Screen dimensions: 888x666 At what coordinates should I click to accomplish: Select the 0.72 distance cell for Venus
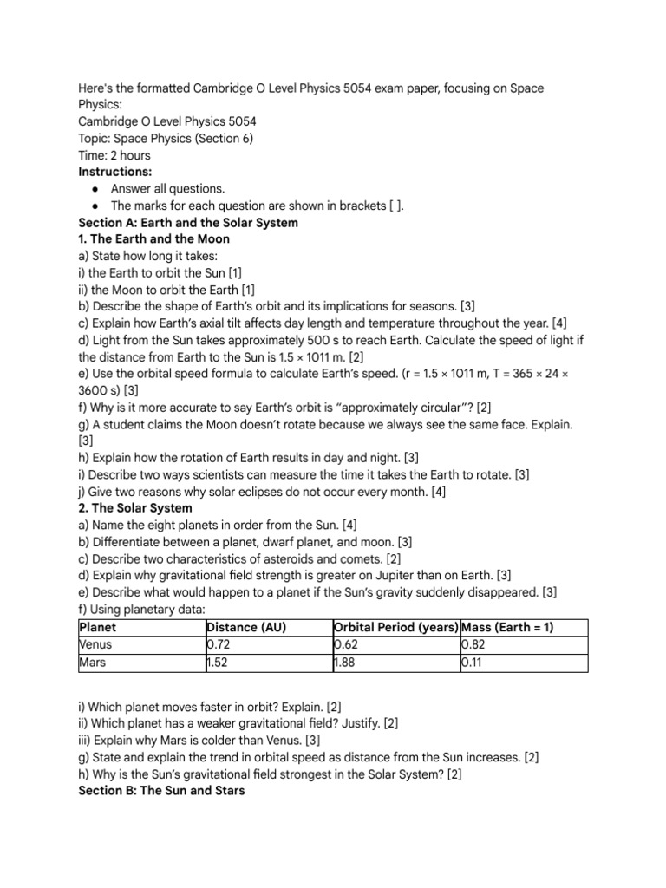(x=219, y=644)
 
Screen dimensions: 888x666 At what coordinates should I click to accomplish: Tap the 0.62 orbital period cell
(x=347, y=644)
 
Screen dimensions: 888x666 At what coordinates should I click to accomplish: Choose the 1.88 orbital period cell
(x=347, y=663)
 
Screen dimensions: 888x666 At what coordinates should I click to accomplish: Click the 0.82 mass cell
(x=474, y=644)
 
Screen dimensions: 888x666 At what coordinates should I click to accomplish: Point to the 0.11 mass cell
(x=473, y=663)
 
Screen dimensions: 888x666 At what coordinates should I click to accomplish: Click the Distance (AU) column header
(x=245, y=627)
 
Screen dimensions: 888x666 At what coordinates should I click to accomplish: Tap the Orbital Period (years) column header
(x=395, y=627)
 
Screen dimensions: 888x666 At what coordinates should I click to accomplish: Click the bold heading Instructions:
(x=114, y=172)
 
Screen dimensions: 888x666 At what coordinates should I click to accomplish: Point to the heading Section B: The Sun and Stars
(x=161, y=791)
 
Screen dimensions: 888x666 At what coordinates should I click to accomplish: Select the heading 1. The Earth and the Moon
(x=153, y=238)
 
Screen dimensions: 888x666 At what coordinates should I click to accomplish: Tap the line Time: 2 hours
(x=114, y=155)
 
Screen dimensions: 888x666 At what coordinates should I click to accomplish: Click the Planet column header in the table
(x=97, y=627)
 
